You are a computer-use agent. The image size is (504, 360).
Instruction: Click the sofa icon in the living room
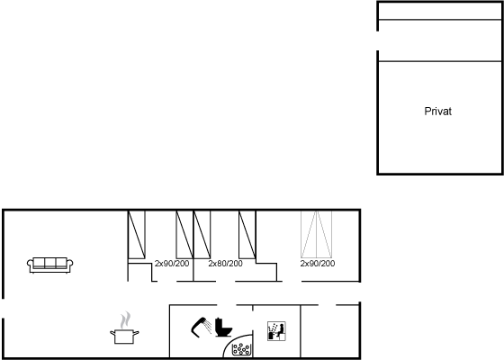point(49,265)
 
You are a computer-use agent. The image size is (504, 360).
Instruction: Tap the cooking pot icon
point(124,337)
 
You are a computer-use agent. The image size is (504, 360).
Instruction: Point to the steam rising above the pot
point(125,319)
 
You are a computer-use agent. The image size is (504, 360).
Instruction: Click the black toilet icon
point(223,328)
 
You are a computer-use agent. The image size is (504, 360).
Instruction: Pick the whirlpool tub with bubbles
point(241,349)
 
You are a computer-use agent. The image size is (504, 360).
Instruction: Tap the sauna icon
point(276,331)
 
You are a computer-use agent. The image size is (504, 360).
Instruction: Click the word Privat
point(437,112)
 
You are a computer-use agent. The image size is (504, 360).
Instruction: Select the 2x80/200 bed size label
point(225,264)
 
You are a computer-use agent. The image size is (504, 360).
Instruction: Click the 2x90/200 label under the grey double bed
point(318,264)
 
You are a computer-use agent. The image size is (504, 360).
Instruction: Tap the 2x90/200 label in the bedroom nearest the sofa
point(172,264)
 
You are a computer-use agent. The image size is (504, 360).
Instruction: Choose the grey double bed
point(316,234)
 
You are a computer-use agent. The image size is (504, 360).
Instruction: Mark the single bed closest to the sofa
point(137,235)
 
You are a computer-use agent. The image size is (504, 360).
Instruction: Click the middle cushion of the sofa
point(50,263)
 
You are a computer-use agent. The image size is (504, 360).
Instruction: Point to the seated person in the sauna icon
point(280,331)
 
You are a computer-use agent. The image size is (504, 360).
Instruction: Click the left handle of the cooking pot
point(112,333)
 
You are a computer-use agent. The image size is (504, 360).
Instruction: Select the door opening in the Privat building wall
point(378,40)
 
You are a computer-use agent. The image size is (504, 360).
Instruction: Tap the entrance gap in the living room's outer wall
point(4,308)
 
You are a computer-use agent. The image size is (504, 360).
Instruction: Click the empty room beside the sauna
point(329,331)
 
